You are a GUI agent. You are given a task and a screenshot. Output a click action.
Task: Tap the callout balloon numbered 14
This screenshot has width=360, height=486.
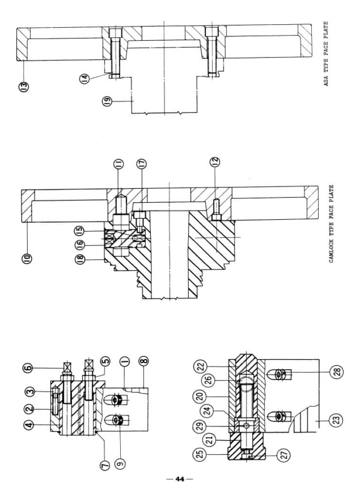pyautogui.click(x=86, y=78)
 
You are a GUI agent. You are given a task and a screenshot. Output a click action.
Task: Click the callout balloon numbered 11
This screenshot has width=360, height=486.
pyautogui.click(x=118, y=164)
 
